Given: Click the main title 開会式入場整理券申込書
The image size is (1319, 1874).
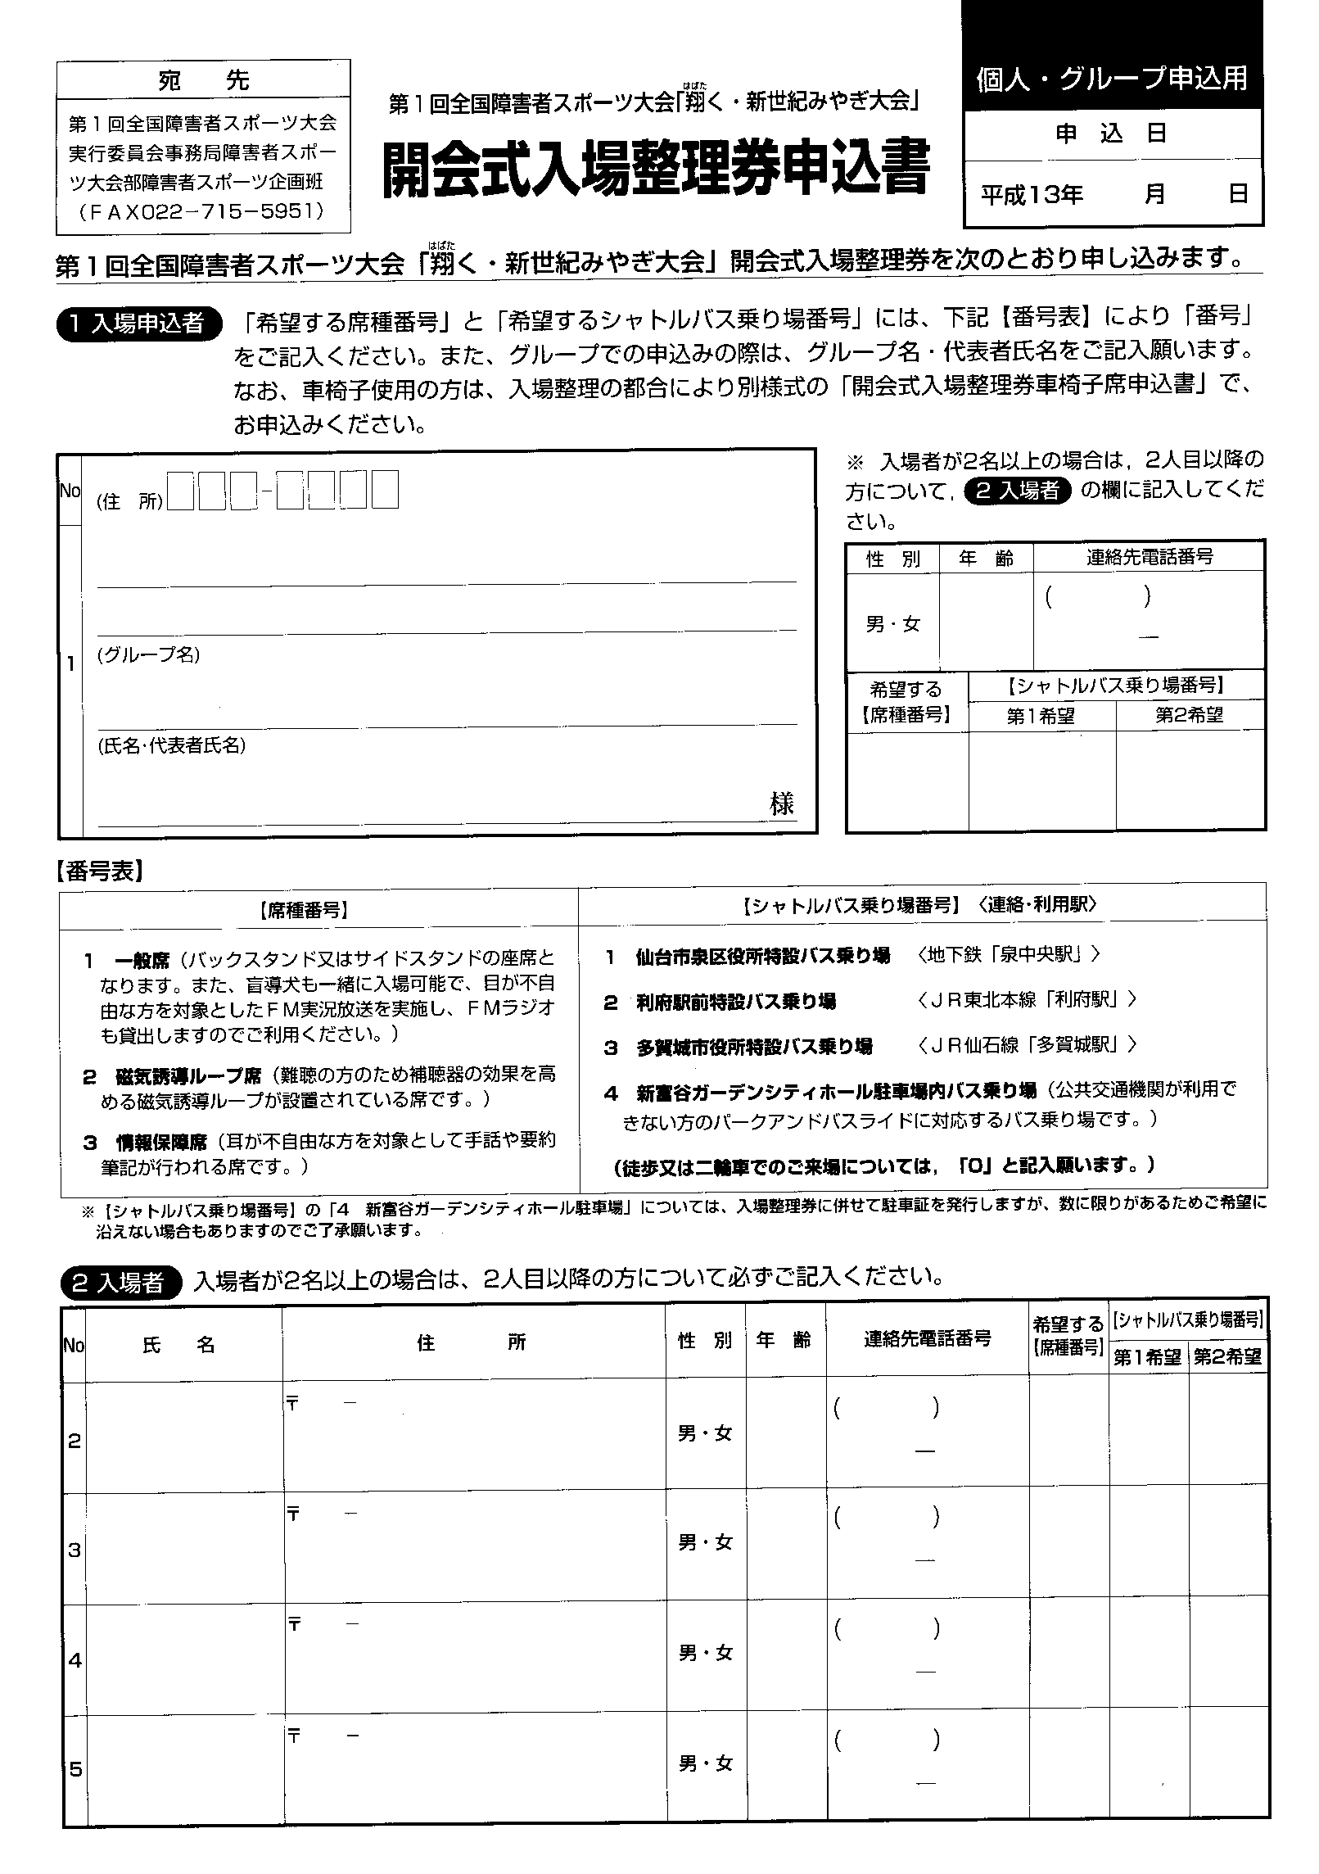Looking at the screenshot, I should click(x=656, y=170).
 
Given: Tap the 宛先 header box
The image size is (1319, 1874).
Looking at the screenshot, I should click(x=203, y=80).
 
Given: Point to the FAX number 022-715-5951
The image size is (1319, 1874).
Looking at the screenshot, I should click(x=203, y=212).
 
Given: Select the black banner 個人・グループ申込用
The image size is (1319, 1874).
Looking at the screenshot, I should click(x=1112, y=79).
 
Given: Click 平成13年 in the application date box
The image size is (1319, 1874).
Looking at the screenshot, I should click(x=1032, y=194).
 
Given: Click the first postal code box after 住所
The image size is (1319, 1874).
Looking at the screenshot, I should click(x=180, y=490).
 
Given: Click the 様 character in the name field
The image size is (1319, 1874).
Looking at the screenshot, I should click(x=781, y=803).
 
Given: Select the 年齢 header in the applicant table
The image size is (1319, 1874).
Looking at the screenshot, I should click(x=986, y=558).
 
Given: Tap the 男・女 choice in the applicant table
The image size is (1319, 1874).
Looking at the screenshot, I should click(x=892, y=624).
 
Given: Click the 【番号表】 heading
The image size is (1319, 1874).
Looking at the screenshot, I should click(x=100, y=871).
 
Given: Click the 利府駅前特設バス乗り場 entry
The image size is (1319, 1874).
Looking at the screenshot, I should click(x=736, y=1001).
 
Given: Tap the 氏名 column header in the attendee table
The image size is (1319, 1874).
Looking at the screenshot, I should click(x=179, y=1344).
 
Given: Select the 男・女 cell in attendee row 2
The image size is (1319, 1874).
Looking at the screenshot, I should click(x=705, y=1433).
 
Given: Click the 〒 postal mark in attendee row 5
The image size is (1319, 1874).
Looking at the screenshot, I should click(x=292, y=1735).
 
